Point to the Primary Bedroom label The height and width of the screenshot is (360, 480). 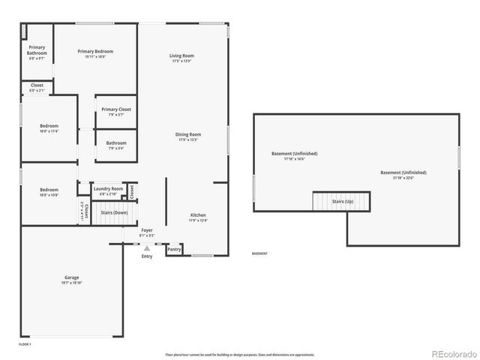(x=95, y=52)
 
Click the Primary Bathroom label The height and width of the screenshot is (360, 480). (x=37, y=51)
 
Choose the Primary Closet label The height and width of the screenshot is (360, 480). (x=116, y=109)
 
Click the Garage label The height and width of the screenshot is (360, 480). (x=71, y=278)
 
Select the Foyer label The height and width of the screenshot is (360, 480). (x=146, y=230)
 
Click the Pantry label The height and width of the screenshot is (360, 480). (x=174, y=248)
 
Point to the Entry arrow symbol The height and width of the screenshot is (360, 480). (x=147, y=247)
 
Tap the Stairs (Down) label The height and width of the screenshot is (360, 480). (x=113, y=213)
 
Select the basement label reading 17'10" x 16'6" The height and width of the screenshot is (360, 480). (x=294, y=159)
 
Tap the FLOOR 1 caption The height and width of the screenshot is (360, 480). (x=25, y=343)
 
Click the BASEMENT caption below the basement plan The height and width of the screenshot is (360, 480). (x=259, y=253)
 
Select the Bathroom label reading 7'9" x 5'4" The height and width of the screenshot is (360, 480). (x=116, y=143)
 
